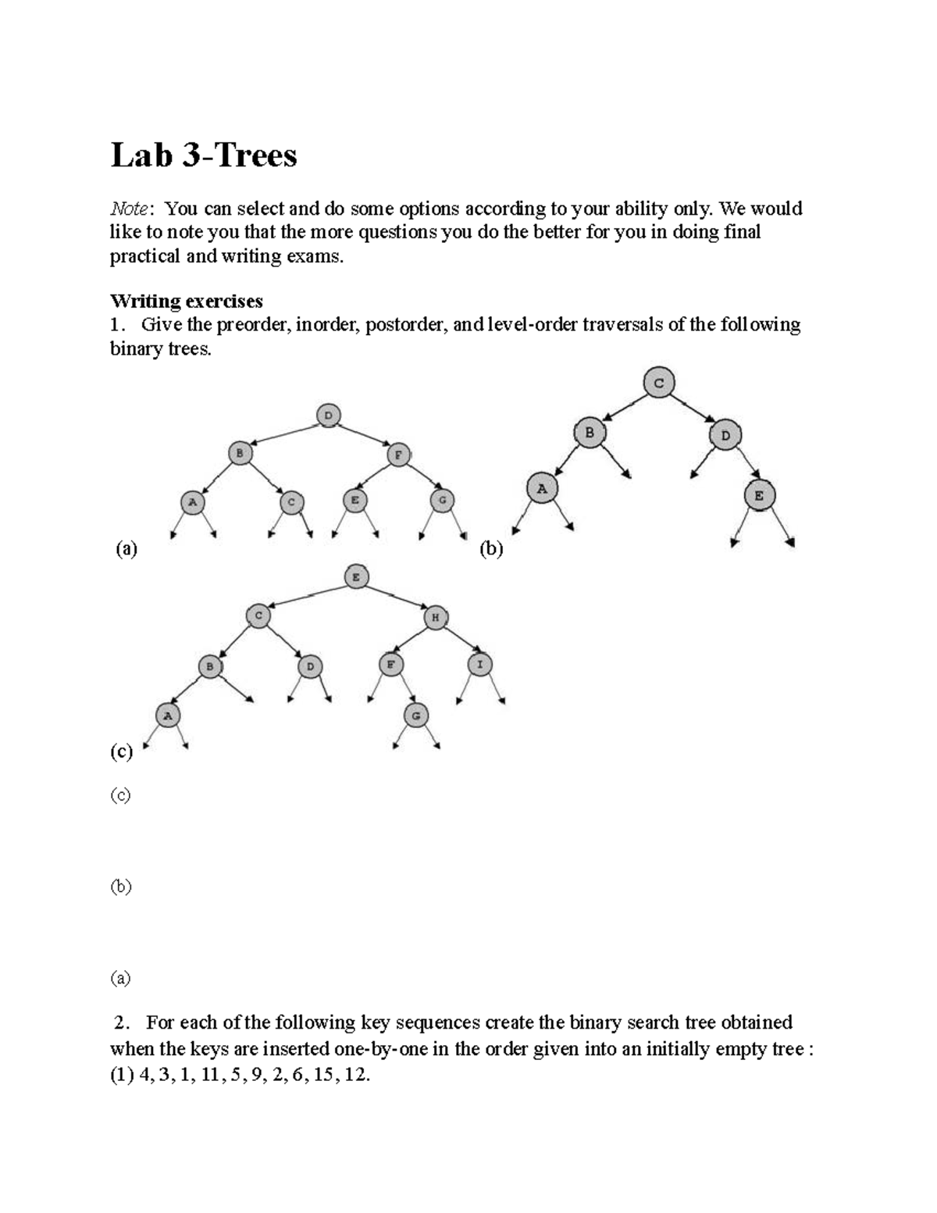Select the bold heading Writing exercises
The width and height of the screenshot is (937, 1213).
186,301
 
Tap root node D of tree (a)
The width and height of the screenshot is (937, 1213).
329,416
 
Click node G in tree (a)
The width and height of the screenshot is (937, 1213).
442,501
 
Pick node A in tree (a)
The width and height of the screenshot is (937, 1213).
192,501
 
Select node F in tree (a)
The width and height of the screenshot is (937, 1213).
398,454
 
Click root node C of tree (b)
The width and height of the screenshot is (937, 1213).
659,383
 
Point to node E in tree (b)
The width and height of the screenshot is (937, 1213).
758,495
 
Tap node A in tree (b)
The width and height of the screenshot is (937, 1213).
542,489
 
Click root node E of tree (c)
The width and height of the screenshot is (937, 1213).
356,577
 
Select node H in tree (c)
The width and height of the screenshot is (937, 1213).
436,618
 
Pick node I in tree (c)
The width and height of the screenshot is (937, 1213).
480,665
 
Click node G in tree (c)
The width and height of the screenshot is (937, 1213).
415,715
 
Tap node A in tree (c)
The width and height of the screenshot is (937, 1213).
166,715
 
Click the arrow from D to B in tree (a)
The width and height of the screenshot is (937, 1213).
285,433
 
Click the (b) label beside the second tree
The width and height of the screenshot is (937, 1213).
491,549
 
